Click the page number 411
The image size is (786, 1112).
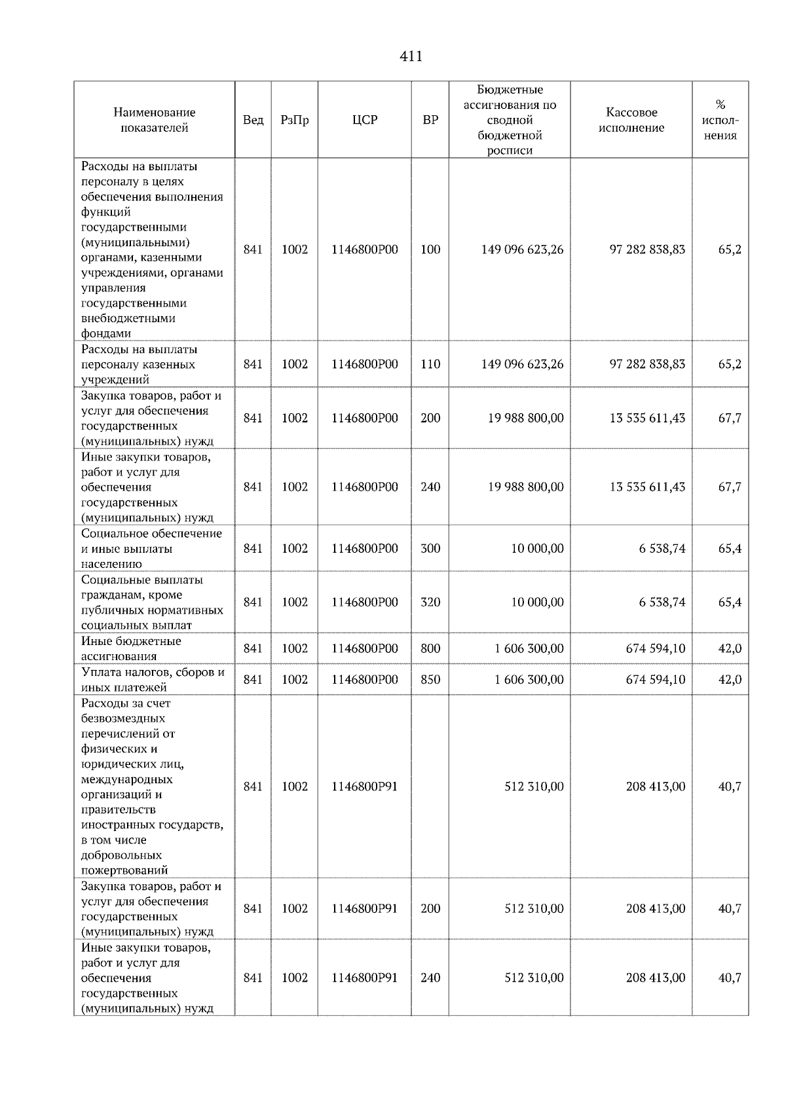pos(411,57)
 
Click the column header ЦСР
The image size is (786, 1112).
pos(364,120)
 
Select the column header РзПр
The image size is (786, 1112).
pos(294,120)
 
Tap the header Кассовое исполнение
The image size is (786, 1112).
pos(631,120)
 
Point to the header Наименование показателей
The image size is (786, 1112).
pos(154,120)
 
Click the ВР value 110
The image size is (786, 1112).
pos(430,364)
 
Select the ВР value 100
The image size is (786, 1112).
pos(430,250)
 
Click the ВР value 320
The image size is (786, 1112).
pos(430,602)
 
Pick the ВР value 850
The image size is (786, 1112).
pos(430,680)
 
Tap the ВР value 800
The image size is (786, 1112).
pos(430,648)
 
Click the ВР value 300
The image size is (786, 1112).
pos(430,549)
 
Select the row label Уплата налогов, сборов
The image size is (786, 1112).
pos(152,680)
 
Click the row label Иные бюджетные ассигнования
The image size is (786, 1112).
pos(131,648)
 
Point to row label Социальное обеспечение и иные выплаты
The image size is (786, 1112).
pos(151,549)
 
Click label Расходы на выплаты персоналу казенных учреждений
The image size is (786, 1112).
pos(139,364)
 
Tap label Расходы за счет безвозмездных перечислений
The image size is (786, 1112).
pos(152,787)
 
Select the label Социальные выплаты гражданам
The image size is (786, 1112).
pos(152,602)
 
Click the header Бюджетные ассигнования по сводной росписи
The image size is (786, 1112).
pos(510,120)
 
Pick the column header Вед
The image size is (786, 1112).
pos(253,120)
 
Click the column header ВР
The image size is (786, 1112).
pos(430,120)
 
